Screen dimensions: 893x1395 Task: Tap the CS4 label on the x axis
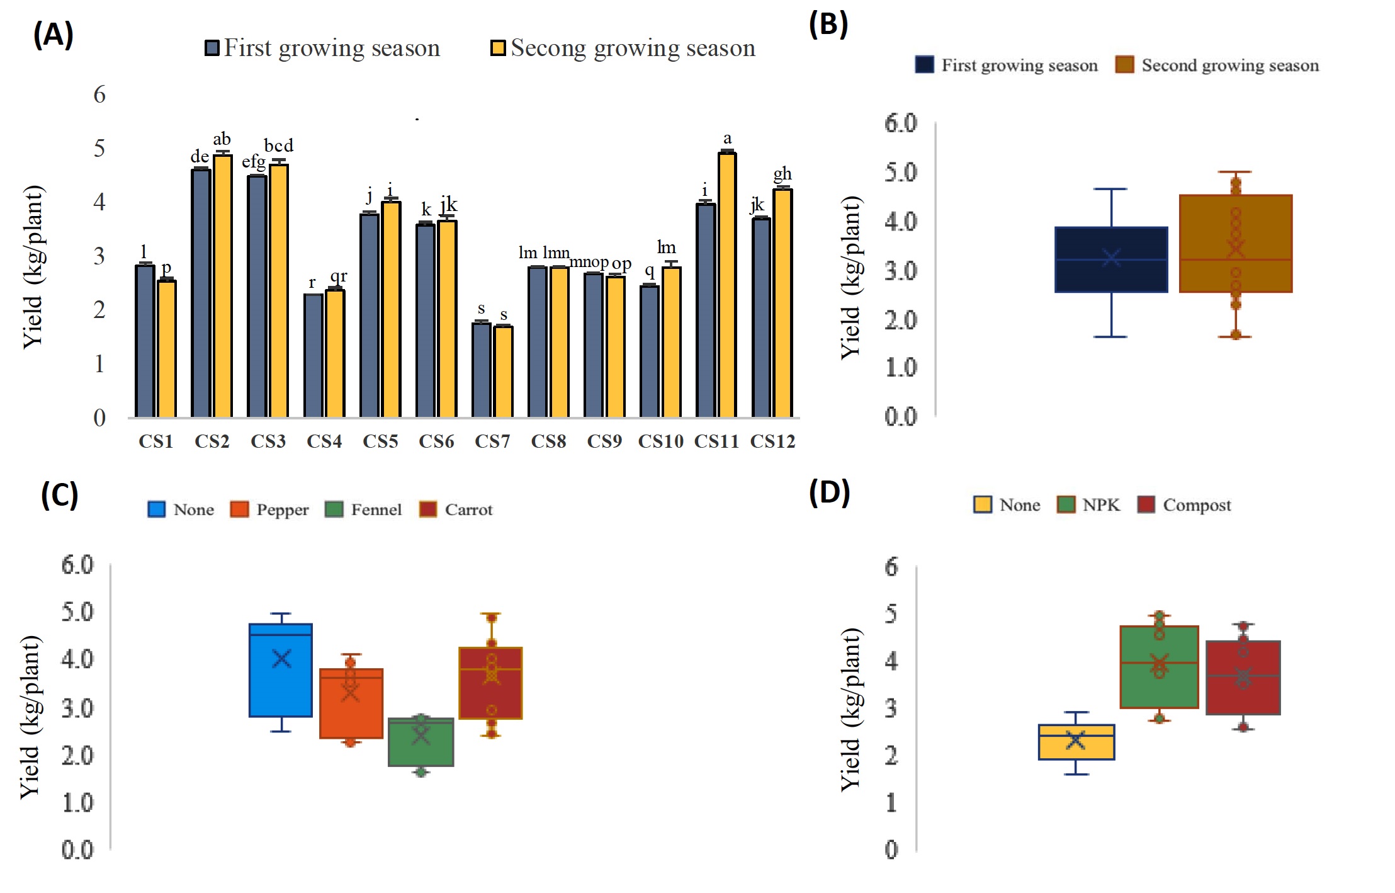324,441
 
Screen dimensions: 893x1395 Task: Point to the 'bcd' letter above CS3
278,146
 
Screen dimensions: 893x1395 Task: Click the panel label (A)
54,35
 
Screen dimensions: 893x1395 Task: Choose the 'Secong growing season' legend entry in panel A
623,48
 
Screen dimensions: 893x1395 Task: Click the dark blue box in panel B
1111,259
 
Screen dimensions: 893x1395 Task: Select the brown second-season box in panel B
1235,244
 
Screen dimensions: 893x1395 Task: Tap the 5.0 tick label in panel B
901,172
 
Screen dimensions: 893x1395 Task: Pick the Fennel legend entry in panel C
363,509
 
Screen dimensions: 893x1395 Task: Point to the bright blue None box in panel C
281,670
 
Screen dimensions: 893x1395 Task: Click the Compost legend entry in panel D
1184,505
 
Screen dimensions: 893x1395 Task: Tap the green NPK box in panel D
1159,667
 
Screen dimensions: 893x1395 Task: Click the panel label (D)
829,492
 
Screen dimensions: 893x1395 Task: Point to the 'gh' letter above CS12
782,173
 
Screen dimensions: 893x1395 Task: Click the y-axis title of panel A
33,267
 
